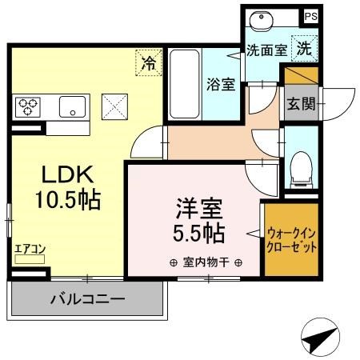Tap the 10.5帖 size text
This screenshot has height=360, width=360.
tap(67, 201)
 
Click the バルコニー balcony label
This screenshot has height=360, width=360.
tap(87, 301)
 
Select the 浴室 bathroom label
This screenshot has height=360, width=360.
tap(221, 83)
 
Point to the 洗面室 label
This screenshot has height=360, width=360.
tap(266, 49)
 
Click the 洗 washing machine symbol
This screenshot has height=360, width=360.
tap(304, 47)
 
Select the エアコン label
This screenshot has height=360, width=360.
tap(30, 249)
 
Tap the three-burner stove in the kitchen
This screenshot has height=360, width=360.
tap(28, 106)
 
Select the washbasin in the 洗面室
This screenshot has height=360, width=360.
tap(262, 22)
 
